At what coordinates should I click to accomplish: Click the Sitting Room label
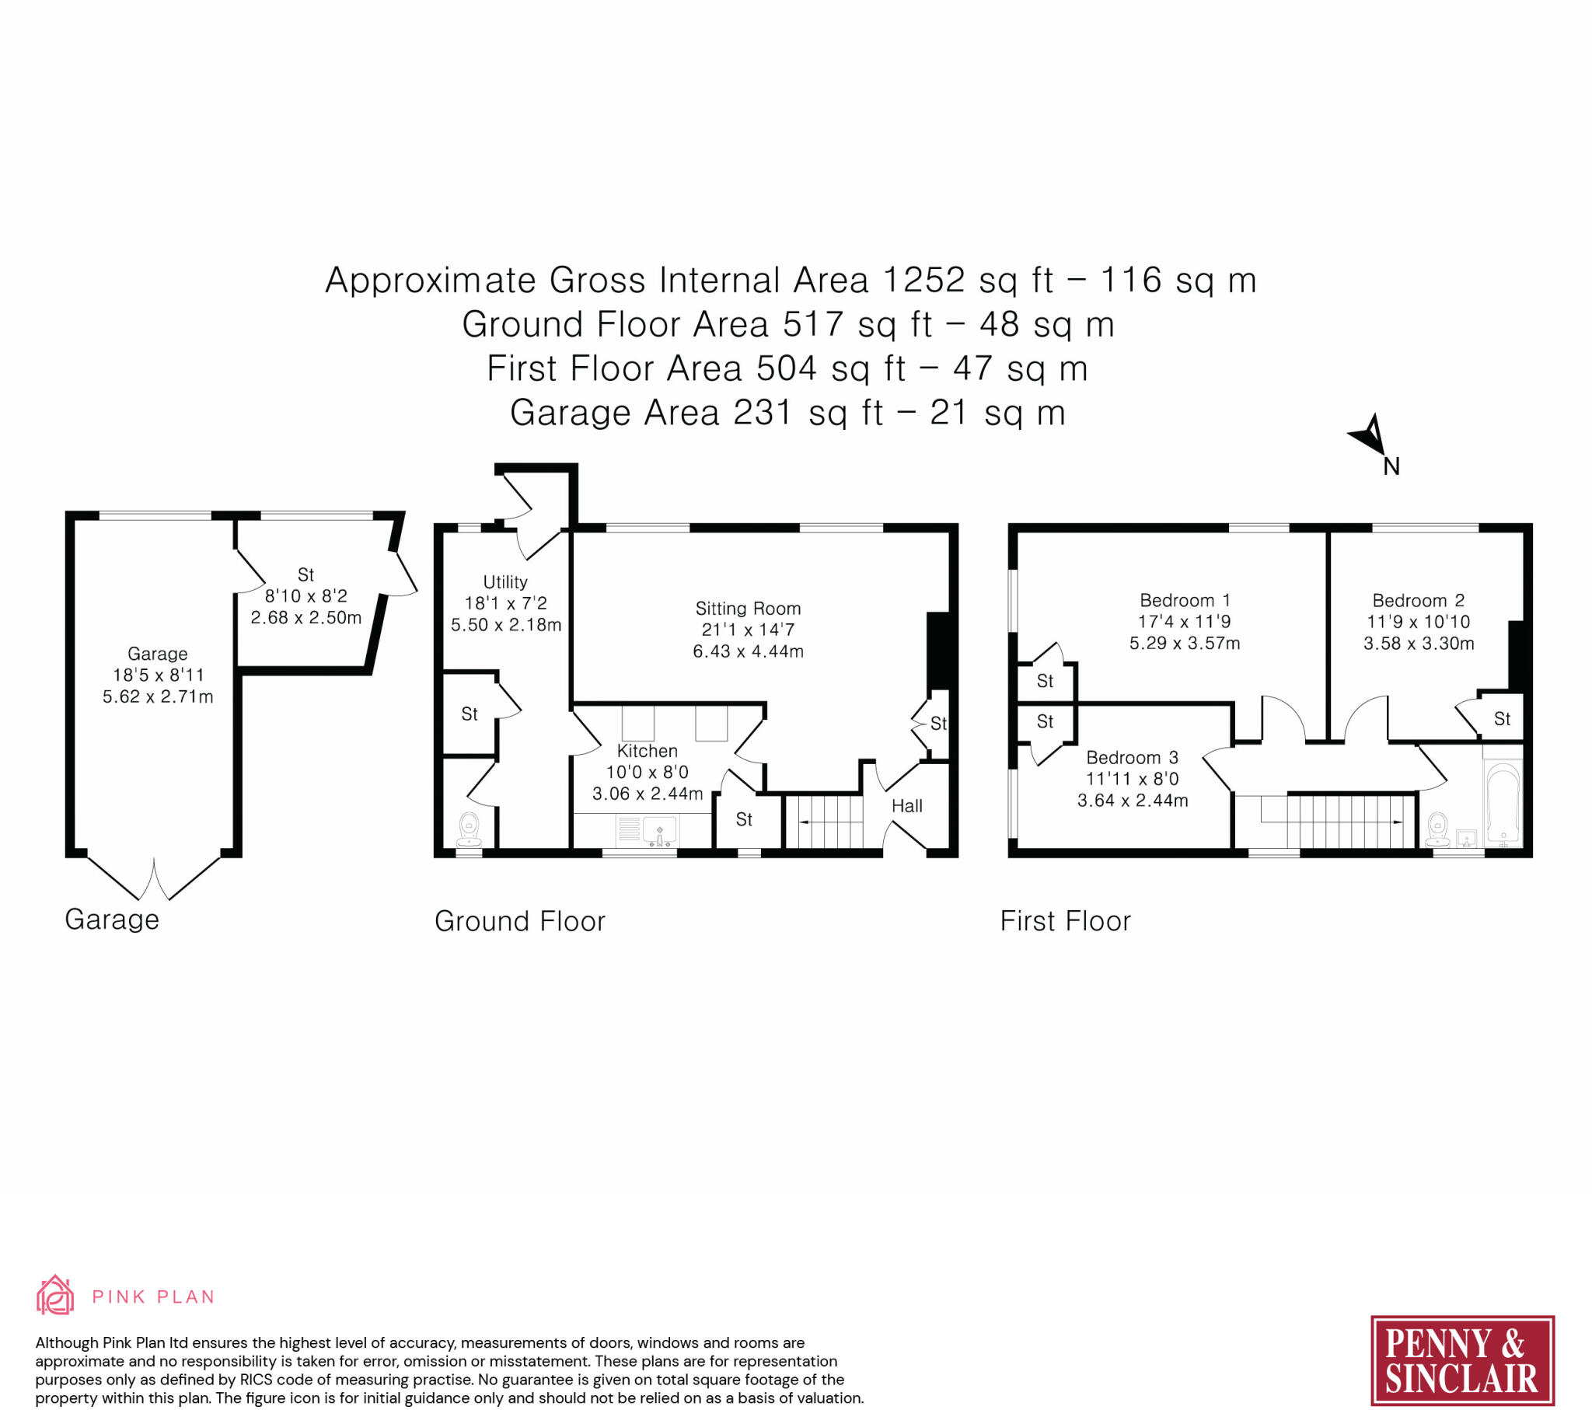pyautogui.click(x=748, y=609)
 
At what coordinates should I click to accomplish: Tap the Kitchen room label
pyautogui.click(x=648, y=751)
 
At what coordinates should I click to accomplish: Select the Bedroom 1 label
pyautogui.click(x=1185, y=601)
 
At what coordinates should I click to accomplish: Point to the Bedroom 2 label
pyautogui.click(x=1419, y=601)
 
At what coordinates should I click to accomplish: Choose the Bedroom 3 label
pyautogui.click(x=1133, y=758)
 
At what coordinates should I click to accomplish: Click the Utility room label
pyautogui.click(x=505, y=583)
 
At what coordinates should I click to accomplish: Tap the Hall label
pyautogui.click(x=907, y=806)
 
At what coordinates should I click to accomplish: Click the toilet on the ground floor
pyautogui.click(x=470, y=830)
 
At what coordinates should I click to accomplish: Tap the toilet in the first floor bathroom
pyautogui.click(x=1437, y=830)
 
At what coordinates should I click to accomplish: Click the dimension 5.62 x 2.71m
pyautogui.click(x=158, y=696)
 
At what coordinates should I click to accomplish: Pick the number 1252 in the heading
pyautogui.click(x=923, y=281)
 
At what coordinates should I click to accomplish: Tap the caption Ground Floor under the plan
pyautogui.click(x=519, y=922)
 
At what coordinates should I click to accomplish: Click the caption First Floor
pyautogui.click(x=1065, y=921)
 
